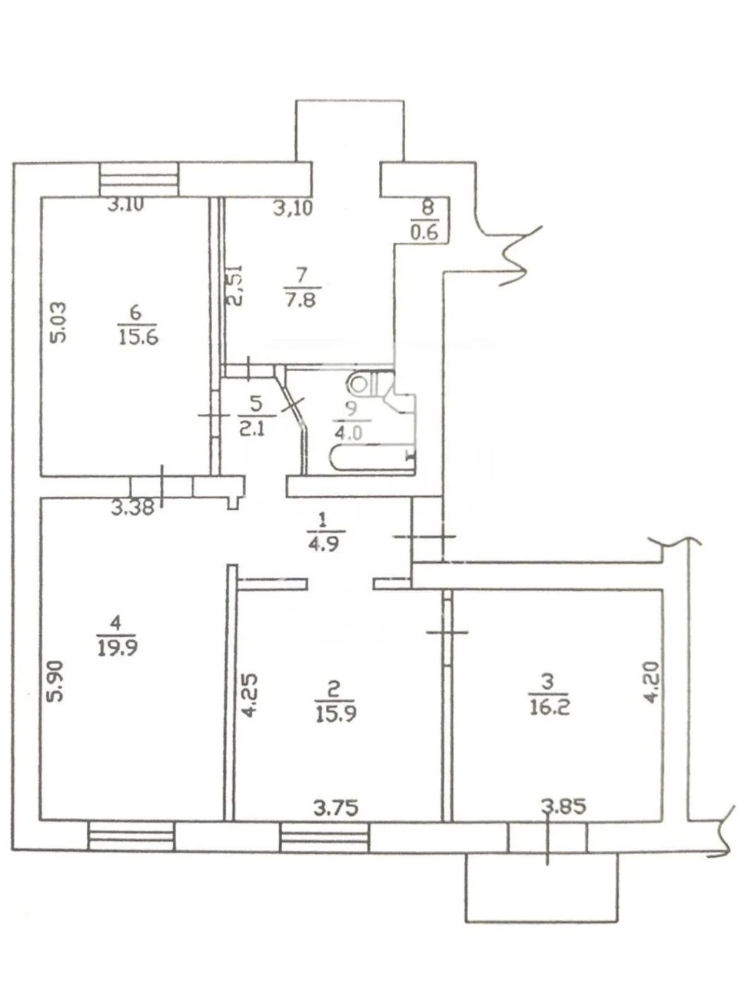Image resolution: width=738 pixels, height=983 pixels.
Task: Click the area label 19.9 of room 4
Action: pyautogui.click(x=117, y=647)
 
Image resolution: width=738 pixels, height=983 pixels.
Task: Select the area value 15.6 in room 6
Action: pyautogui.click(x=138, y=337)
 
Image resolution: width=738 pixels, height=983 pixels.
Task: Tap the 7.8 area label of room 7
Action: pyautogui.click(x=301, y=300)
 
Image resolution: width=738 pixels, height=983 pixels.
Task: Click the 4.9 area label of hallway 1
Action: pyautogui.click(x=323, y=544)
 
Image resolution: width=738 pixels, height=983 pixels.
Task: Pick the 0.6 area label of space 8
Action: pyautogui.click(x=424, y=233)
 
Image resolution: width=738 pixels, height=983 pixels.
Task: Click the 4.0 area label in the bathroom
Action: pyautogui.click(x=347, y=432)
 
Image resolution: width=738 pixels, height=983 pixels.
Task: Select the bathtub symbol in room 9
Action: pyautogui.click(x=373, y=458)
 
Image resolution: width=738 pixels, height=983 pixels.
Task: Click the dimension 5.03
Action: pyautogui.click(x=58, y=323)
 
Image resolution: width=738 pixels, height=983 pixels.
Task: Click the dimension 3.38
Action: pyautogui.click(x=133, y=508)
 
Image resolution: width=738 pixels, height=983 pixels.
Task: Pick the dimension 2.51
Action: pyautogui.click(x=236, y=285)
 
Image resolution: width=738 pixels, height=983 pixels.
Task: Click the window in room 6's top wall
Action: pyautogui.click(x=139, y=180)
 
